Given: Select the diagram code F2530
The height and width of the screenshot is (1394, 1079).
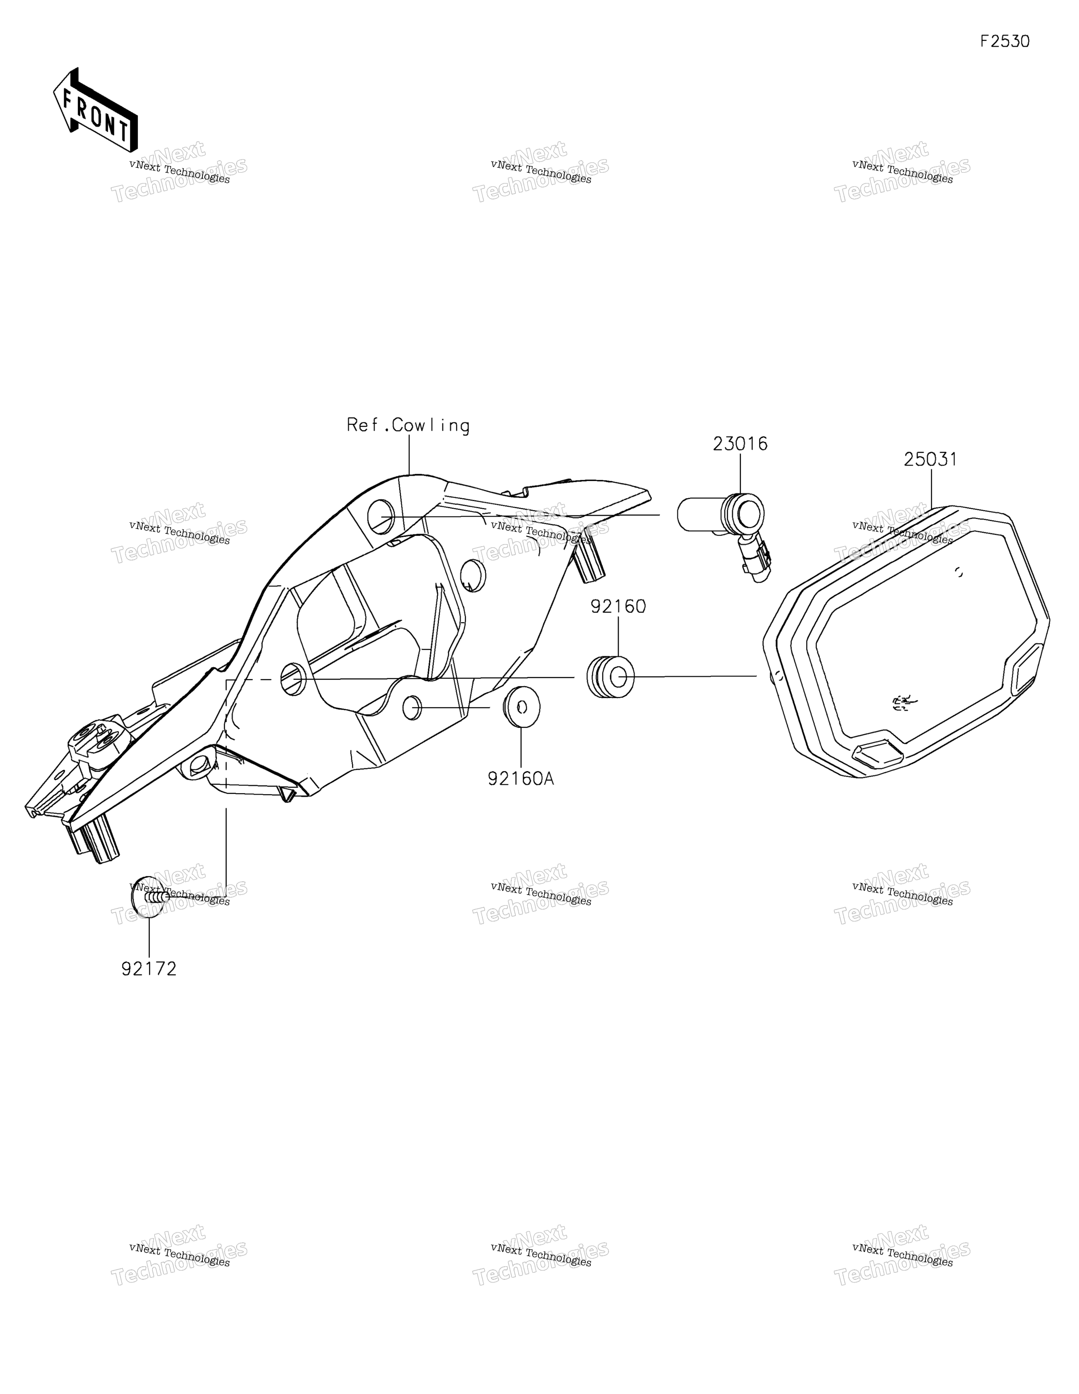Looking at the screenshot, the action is coord(1005,41).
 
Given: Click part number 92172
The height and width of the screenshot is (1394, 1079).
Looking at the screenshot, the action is coord(149,969).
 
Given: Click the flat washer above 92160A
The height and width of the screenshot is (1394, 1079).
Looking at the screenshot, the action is coord(522,707).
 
